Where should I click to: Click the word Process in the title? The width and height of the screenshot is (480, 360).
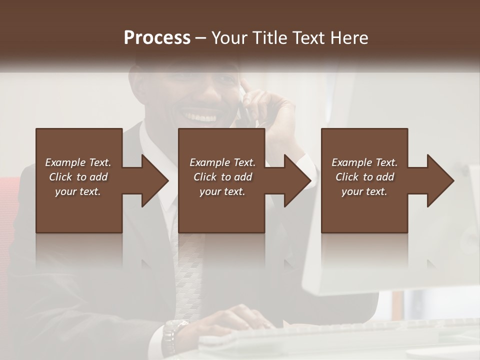coord(157,38)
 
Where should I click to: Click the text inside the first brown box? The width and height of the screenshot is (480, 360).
coord(78,177)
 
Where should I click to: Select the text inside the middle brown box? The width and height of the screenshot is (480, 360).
coord(222,177)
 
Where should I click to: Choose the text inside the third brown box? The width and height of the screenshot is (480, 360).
coord(364,177)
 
